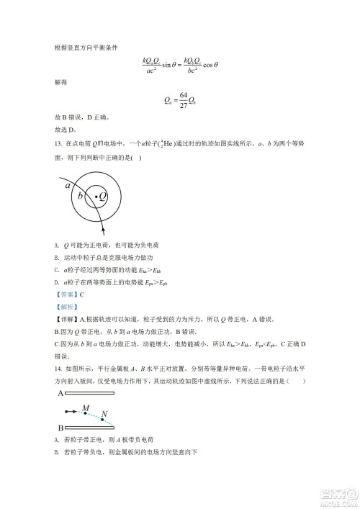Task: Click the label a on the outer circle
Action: click(x=68, y=185)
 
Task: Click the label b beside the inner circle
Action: click(x=81, y=195)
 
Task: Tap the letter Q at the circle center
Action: click(x=103, y=195)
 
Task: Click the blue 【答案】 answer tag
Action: click(x=66, y=295)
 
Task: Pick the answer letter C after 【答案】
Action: click(x=82, y=295)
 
